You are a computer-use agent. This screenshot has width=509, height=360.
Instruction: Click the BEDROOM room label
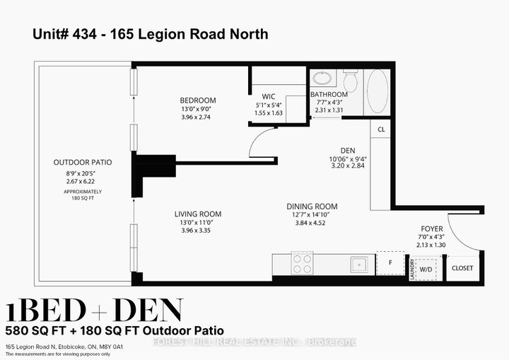[x=198, y=100]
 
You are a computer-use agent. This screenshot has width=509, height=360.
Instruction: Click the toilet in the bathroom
[x=350, y=80]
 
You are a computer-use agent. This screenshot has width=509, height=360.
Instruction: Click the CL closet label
[x=380, y=129]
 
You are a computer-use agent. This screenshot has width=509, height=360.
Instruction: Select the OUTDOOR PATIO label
[x=83, y=162]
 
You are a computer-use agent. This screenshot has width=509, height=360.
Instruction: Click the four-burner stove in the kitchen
[x=303, y=264]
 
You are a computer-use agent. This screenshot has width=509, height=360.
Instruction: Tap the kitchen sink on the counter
[x=358, y=264]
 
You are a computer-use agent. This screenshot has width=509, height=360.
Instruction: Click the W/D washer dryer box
[x=426, y=269]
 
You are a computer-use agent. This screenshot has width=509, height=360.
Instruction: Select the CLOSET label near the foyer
[x=462, y=268]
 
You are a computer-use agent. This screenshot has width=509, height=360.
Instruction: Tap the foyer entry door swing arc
[x=460, y=233]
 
